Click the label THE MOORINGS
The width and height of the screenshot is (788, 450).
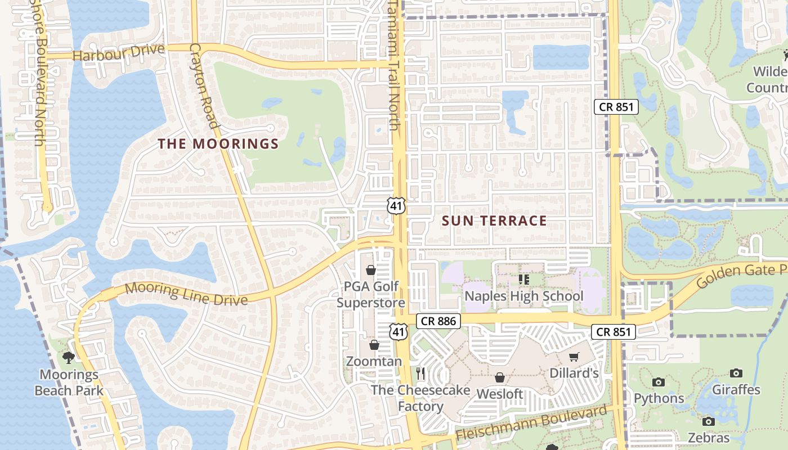pos(218,144)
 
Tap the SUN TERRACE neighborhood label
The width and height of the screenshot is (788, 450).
pos(494,221)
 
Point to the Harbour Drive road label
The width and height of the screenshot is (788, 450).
pos(118,53)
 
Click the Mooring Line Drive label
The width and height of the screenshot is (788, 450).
pos(186,294)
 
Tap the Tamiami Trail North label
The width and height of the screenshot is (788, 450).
pos(393,65)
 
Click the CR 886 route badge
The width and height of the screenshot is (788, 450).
pos(438,321)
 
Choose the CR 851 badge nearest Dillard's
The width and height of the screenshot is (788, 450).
pos(614,332)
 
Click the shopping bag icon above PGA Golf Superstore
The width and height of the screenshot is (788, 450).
pos(371,271)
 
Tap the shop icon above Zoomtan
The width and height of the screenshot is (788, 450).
pos(374,345)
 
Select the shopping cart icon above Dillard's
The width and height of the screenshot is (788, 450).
pos(574,357)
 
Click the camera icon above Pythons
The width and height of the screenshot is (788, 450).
pos(658,382)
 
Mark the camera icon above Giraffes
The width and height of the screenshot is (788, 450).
pos(736,373)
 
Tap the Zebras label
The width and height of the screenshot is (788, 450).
pos(709,438)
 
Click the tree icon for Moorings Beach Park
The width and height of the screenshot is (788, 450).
pos(69,358)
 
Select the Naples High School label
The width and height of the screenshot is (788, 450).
pos(523,296)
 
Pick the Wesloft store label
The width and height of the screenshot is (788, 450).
pos(500,394)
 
